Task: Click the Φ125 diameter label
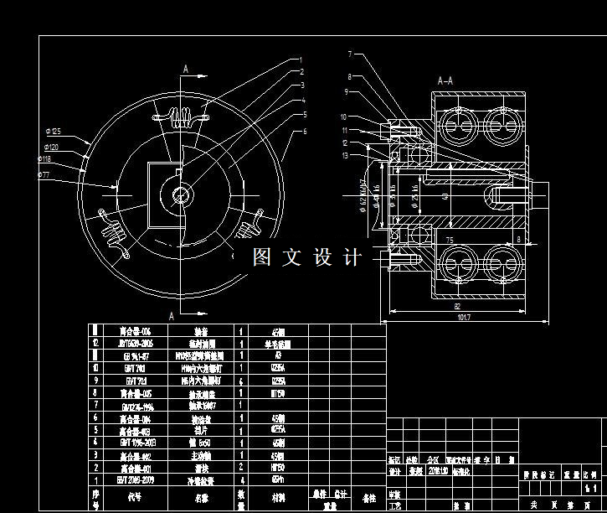(x=54, y=131)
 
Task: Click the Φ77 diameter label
(x=44, y=174)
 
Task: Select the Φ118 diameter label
(x=44, y=159)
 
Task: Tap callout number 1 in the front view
(x=300, y=60)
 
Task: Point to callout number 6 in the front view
(x=305, y=132)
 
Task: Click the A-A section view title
(x=445, y=81)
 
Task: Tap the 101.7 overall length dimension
(x=463, y=318)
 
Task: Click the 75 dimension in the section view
(x=449, y=240)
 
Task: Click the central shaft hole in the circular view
(x=181, y=195)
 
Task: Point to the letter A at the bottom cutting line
(x=172, y=316)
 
